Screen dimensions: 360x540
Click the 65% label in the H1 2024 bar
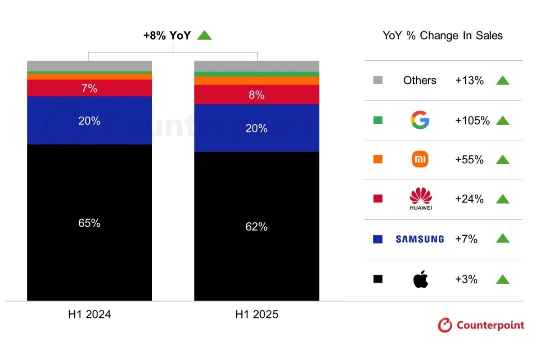pos(89,223)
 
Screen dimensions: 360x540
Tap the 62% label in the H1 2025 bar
pos(256,227)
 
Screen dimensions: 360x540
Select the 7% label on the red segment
pos(89,89)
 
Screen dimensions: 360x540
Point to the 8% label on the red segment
pos(256,95)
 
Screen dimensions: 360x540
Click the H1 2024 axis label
pos(89,315)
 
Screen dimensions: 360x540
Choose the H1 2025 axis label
pos(256,315)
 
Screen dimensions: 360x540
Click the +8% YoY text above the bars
pos(167,36)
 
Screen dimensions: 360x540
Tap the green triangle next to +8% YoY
pos(204,35)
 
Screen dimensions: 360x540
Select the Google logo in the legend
pos(420,120)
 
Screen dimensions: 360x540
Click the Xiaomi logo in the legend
pos(420,159)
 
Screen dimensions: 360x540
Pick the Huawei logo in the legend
pos(420,199)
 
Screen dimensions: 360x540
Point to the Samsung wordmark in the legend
pos(419,239)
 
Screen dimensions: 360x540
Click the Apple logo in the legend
pos(420,279)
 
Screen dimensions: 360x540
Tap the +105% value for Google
pos(472,120)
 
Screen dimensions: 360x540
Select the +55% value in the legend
pos(469,160)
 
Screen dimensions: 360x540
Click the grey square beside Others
pos(378,81)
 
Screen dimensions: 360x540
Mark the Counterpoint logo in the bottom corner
pos(481,325)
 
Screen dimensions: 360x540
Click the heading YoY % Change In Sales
pos(443,36)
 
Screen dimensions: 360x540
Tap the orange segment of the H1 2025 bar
pos(256,81)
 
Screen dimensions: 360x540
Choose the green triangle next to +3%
pos(503,279)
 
